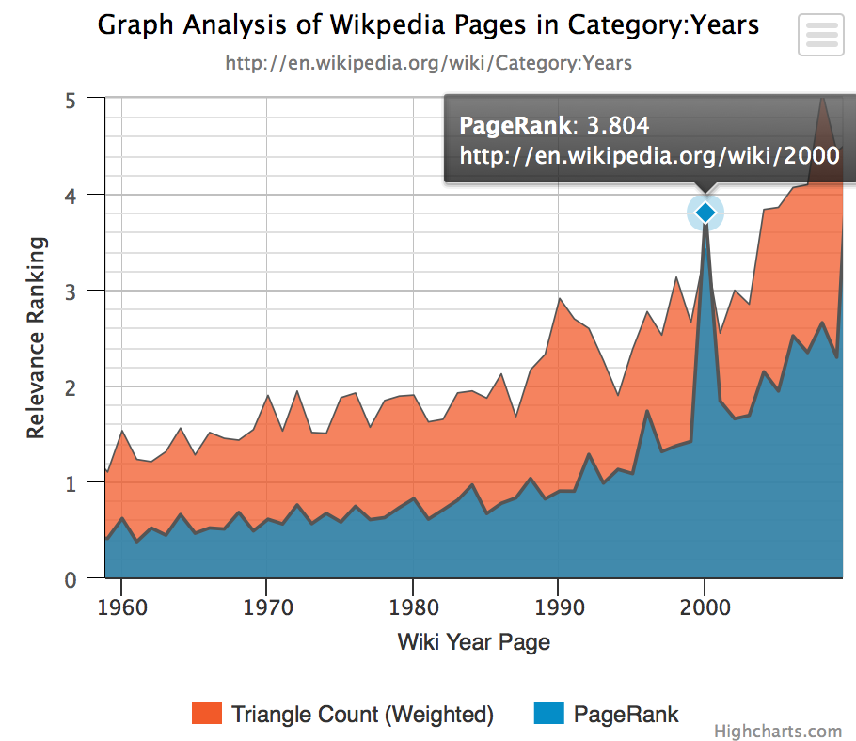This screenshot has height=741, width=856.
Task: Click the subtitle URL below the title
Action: pyautogui.click(x=429, y=63)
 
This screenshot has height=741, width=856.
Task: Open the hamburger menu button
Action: pyautogui.click(x=821, y=35)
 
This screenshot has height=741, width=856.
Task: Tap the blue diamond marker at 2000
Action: pyautogui.click(x=705, y=213)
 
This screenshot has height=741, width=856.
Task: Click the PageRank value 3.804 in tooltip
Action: pyautogui.click(x=618, y=125)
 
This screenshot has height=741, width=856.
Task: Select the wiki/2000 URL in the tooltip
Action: pyautogui.click(x=650, y=156)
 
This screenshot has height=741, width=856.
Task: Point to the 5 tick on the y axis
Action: pyautogui.click(x=71, y=101)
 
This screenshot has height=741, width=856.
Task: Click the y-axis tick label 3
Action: pyautogui.click(x=71, y=292)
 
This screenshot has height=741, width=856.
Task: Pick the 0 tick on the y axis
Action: pyautogui.click(x=71, y=579)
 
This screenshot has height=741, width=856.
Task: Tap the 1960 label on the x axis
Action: pyautogui.click(x=122, y=607)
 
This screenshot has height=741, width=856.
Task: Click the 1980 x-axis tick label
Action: pyautogui.click(x=413, y=607)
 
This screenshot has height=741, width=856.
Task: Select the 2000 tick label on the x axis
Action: pyautogui.click(x=705, y=607)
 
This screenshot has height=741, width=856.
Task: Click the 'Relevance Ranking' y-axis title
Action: pyautogui.click(x=36, y=338)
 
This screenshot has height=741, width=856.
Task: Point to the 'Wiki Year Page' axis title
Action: pyautogui.click(x=474, y=642)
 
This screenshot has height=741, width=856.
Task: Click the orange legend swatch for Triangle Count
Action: pyautogui.click(x=207, y=713)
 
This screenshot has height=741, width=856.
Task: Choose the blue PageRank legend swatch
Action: pyautogui.click(x=549, y=713)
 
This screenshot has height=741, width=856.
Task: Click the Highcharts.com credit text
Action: pyautogui.click(x=778, y=732)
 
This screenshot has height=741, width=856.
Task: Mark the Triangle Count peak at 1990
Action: pyautogui.click(x=559, y=298)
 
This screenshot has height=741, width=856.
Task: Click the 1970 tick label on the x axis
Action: pyautogui.click(x=267, y=607)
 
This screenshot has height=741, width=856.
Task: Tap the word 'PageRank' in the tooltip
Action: pyautogui.click(x=515, y=125)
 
